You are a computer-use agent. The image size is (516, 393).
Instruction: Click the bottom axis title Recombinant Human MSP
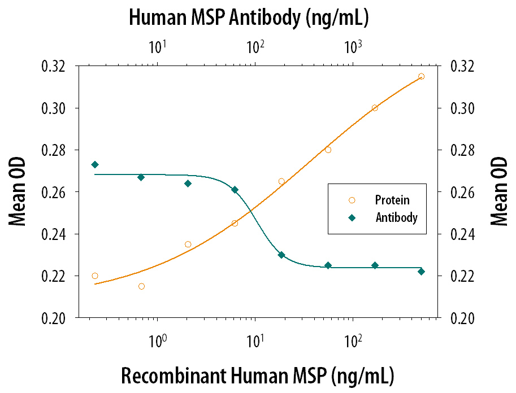tap(224, 375)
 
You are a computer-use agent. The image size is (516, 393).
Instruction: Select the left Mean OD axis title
tap(17, 192)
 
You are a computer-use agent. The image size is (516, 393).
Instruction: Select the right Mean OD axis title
tap(499, 191)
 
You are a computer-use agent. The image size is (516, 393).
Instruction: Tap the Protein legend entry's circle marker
tap(352, 200)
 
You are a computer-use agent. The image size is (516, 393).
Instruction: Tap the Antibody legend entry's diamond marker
tap(352, 218)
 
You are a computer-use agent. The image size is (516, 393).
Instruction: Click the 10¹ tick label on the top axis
tap(157, 47)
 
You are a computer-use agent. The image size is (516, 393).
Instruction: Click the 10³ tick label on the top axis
tap(353, 47)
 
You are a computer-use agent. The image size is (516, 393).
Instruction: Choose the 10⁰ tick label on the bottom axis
tap(157, 342)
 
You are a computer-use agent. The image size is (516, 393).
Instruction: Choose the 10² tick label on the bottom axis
tap(353, 342)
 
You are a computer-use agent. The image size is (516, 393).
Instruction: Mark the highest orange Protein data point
tap(421, 77)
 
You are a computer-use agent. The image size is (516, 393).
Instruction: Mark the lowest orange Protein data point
tap(141, 286)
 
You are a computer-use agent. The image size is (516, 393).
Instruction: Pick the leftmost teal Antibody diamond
tap(95, 165)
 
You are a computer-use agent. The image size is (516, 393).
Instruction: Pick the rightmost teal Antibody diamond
tap(421, 272)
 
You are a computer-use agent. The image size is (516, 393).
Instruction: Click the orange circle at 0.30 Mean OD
tap(375, 108)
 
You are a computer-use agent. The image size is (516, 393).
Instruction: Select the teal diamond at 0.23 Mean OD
tap(281, 255)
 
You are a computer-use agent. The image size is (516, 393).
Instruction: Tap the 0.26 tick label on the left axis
tap(54, 192)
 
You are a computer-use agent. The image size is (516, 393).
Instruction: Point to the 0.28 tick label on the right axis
tap(463, 150)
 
